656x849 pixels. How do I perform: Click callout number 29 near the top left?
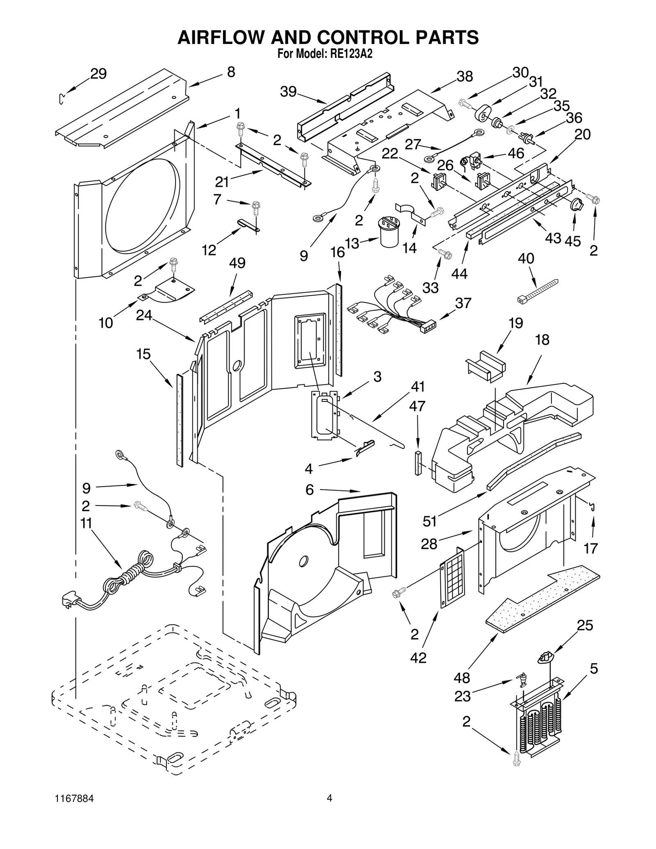coord(98,74)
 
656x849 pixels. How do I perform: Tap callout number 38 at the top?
coord(465,77)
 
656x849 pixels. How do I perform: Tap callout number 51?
coord(430,521)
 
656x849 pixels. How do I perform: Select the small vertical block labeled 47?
coord(418,463)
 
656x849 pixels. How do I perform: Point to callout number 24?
coord(144,315)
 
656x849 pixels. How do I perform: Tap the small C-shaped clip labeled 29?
coord(61,99)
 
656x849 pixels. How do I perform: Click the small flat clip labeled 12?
coord(248,225)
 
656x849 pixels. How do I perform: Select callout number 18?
coord(542,340)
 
